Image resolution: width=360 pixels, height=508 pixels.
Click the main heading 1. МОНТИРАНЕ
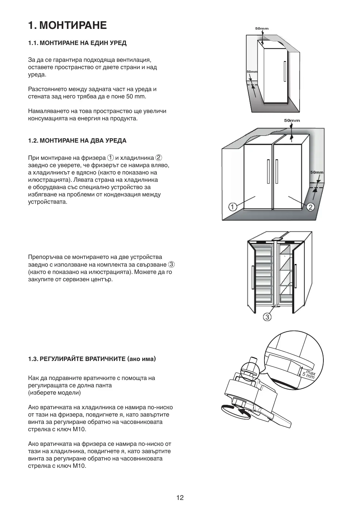click(x=67, y=25)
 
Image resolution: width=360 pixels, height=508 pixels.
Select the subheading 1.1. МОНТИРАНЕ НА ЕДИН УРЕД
click(x=77, y=43)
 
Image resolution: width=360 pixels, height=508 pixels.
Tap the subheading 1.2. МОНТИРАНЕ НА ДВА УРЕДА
click(x=77, y=141)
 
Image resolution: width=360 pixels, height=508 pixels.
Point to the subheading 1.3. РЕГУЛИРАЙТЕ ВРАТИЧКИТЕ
click(x=92, y=359)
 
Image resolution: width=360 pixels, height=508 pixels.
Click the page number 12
click(x=180, y=497)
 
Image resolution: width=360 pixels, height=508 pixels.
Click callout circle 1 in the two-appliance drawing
click(x=233, y=207)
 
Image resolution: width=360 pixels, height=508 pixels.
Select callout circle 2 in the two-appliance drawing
click(x=310, y=207)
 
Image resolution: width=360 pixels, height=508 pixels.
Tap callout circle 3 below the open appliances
click(x=267, y=317)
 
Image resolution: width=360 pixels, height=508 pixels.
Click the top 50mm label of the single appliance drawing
click(x=262, y=29)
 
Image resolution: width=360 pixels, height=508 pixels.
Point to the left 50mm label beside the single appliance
click(x=252, y=72)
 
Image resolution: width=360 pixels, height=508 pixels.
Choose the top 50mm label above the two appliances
click(x=292, y=120)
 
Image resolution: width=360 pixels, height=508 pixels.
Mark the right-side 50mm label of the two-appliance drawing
click(x=317, y=172)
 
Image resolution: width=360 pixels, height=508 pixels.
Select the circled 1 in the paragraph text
click(x=110, y=158)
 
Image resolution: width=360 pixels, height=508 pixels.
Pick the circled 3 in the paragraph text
click(x=171, y=264)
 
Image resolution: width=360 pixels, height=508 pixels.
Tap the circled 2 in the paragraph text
click(x=159, y=158)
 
